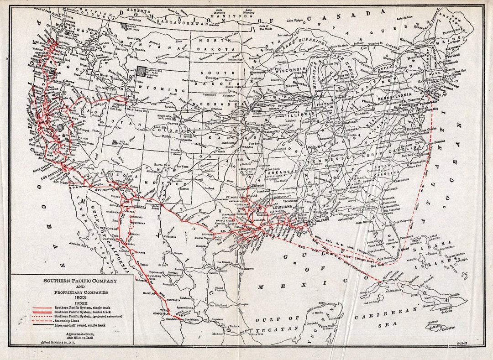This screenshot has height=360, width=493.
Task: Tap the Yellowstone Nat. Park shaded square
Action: coord(142,71)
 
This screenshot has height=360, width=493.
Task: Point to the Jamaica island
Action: coord(441,326)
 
